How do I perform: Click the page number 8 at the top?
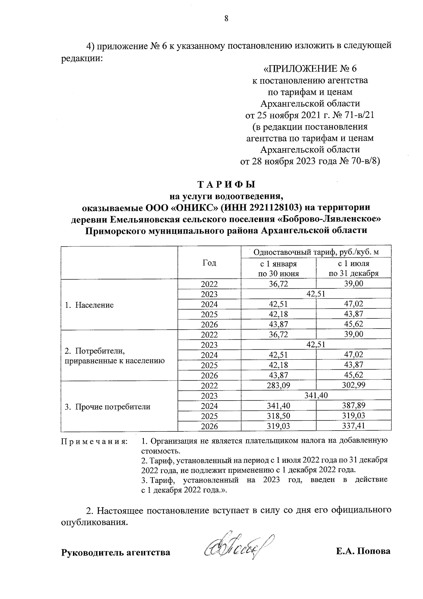[x=226, y=19]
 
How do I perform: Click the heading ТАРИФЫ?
[x=226, y=185]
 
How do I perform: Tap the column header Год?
[x=209, y=263]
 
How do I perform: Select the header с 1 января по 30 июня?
[x=278, y=268]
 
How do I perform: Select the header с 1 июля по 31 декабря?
[x=354, y=268]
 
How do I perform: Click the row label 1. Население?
[x=89, y=305]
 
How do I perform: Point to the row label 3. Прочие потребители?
[x=108, y=407]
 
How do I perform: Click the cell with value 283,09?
[x=278, y=385]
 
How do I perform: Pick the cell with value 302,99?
[x=354, y=385]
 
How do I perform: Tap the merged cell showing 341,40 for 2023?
[x=316, y=396]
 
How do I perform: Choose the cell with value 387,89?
[x=354, y=406]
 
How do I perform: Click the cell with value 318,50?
[x=278, y=416]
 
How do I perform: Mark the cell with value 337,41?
[x=354, y=426]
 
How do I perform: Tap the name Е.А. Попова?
[x=363, y=551]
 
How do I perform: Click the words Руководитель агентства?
[x=116, y=552]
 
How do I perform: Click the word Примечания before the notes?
[x=94, y=442]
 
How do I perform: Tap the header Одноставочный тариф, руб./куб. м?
[x=316, y=252]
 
